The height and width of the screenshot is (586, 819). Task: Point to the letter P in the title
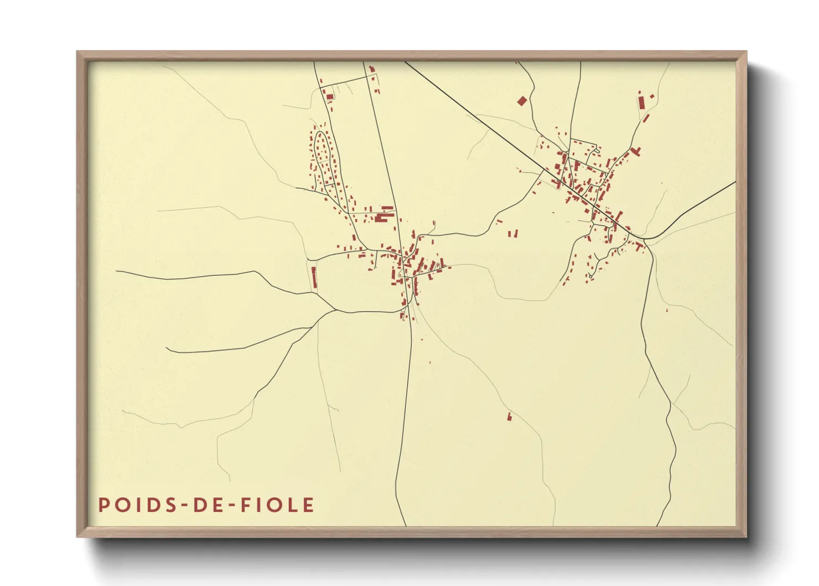(103, 505)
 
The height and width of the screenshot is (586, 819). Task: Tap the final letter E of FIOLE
(309, 505)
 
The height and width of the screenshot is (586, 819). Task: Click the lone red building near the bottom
(509, 416)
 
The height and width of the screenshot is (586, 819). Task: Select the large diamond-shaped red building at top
(522, 101)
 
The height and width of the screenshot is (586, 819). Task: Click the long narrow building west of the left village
(314, 277)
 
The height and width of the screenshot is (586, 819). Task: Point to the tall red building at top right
(640, 103)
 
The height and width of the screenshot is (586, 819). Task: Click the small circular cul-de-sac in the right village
(591, 276)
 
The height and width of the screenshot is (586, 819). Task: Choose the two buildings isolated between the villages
(513, 234)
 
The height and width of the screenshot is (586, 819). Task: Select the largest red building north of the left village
(382, 217)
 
